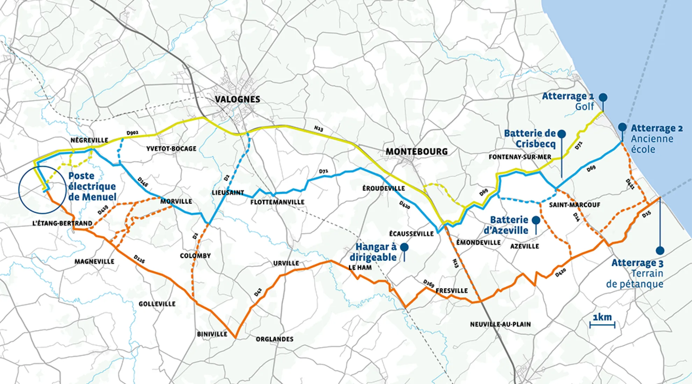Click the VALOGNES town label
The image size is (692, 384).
[x=237, y=99]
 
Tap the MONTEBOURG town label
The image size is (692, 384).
[x=417, y=152]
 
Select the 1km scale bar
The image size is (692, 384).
[x=602, y=325]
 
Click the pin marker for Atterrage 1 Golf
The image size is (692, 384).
[x=603, y=97]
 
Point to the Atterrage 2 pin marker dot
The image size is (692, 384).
[x=622, y=127]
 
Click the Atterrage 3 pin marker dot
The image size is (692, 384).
[x=660, y=250]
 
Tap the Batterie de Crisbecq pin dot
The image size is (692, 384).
[x=562, y=134]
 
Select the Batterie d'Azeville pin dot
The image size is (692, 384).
[x=536, y=220]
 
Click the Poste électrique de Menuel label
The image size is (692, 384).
[x=92, y=186]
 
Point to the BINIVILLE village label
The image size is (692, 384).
[x=212, y=334]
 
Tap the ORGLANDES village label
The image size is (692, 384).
[x=275, y=339]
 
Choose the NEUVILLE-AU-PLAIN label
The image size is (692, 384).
[x=500, y=325]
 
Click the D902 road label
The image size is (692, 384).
[x=132, y=133]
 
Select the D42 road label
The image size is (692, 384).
[x=258, y=293]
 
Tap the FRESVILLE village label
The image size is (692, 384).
[x=452, y=291]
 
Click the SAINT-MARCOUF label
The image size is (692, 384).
[x=575, y=205]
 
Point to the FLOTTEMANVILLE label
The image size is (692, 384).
[x=277, y=202]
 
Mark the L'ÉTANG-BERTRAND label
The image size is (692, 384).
[x=62, y=223]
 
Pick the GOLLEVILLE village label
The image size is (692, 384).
[x=157, y=304]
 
